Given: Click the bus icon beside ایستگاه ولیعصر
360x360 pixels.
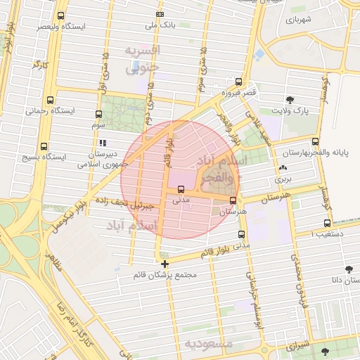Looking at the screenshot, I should tap(60, 15).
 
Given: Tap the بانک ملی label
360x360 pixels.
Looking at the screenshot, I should tap(159, 25).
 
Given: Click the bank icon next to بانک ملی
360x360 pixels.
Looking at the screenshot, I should tap(160, 14).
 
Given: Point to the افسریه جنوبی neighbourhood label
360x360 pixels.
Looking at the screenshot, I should tap(143, 59).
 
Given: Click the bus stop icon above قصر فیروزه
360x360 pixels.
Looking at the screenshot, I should tap(239, 82).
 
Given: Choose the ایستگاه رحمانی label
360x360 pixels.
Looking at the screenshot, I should tap(46, 111).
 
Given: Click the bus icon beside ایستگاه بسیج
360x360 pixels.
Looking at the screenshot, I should tap(44, 146).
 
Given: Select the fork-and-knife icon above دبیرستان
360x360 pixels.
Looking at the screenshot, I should tap(103, 143).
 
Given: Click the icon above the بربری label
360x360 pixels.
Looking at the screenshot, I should tap(283, 168).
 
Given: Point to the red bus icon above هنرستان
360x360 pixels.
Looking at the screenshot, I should tap(233, 200).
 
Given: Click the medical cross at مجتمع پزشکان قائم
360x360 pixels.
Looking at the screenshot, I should tap(165, 264).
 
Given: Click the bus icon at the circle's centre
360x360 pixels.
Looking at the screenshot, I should tap(181, 189).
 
